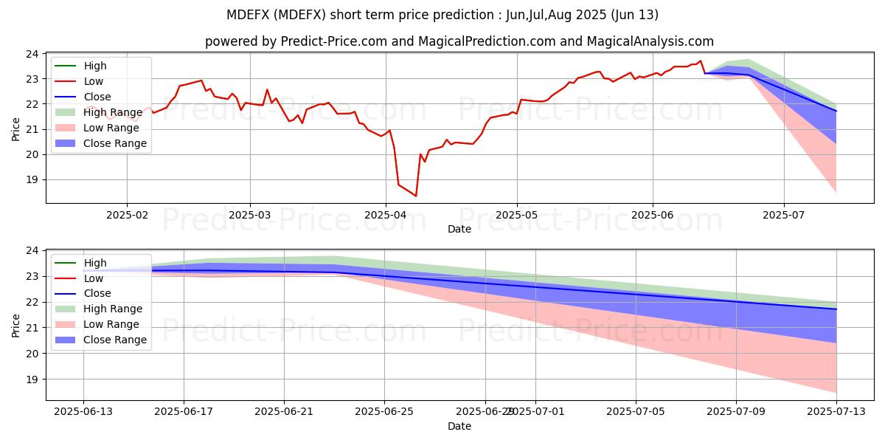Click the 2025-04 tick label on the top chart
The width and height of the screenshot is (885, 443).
point(385,215)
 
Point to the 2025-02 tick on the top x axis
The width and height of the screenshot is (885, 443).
point(127,215)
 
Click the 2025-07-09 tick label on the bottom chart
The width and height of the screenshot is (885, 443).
point(736,412)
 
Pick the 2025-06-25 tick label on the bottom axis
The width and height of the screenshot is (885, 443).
point(385,412)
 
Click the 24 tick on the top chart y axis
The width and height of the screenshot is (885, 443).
point(32,54)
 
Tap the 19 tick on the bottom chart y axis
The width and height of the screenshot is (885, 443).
point(32,380)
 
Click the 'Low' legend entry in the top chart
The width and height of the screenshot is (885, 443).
point(94,81)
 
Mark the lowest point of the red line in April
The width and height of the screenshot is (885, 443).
point(416,196)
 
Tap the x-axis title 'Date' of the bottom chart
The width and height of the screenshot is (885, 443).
point(459,426)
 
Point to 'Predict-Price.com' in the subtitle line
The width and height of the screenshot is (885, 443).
point(333,41)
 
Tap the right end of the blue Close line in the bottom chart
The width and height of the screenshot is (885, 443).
point(836,309)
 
